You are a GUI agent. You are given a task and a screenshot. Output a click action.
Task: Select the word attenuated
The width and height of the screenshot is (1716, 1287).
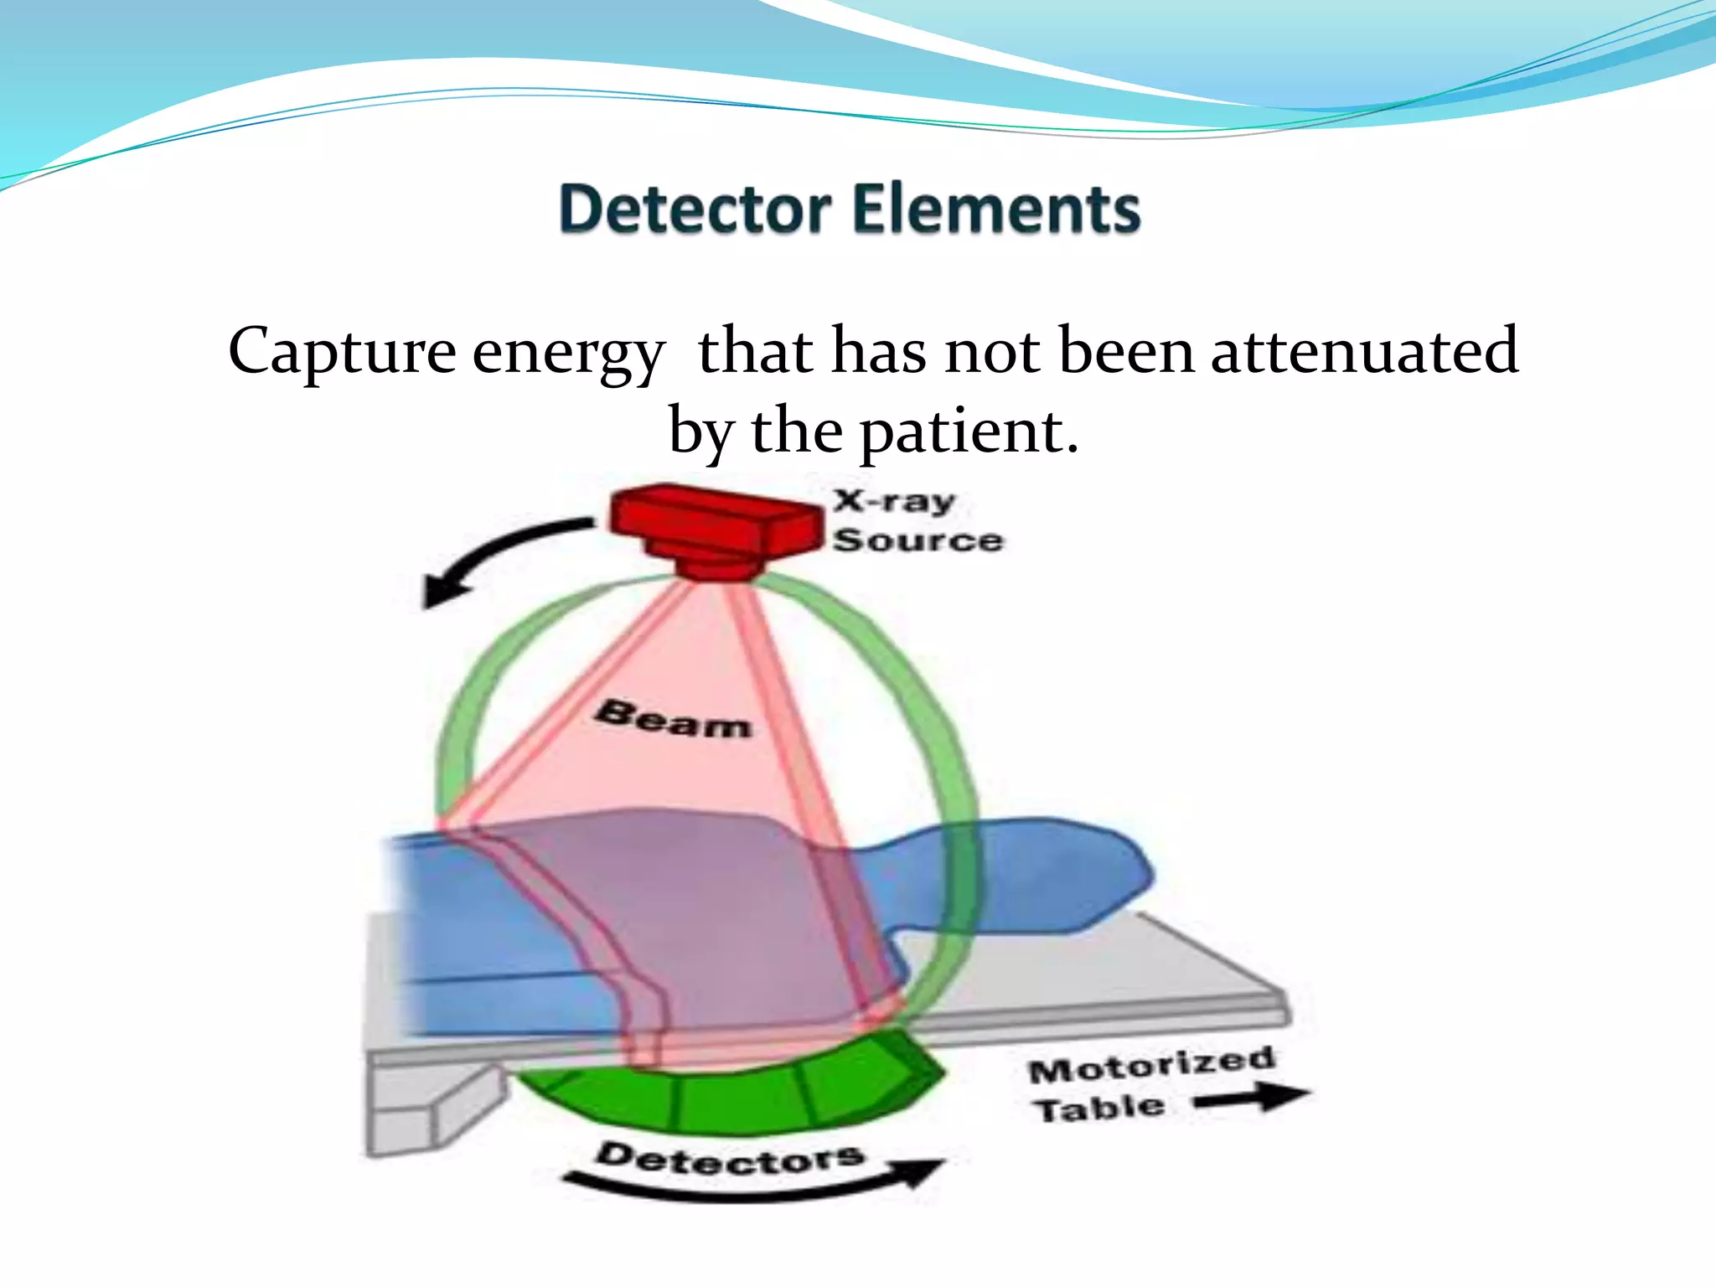point(1364,350)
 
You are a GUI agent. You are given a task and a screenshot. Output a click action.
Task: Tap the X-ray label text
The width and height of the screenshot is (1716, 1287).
point(894,501)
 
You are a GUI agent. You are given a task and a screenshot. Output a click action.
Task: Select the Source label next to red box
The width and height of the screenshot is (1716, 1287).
point(917,540)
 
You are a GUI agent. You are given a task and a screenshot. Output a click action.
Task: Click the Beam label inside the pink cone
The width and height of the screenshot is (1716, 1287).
point(673,720)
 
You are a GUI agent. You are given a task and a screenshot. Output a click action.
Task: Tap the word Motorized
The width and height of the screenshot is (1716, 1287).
point(1151,1065)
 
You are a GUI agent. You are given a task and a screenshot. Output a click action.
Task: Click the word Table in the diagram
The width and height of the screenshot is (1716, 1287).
point(1098,1109)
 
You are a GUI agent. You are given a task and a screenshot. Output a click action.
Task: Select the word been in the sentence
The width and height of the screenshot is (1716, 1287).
point(1126,350)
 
